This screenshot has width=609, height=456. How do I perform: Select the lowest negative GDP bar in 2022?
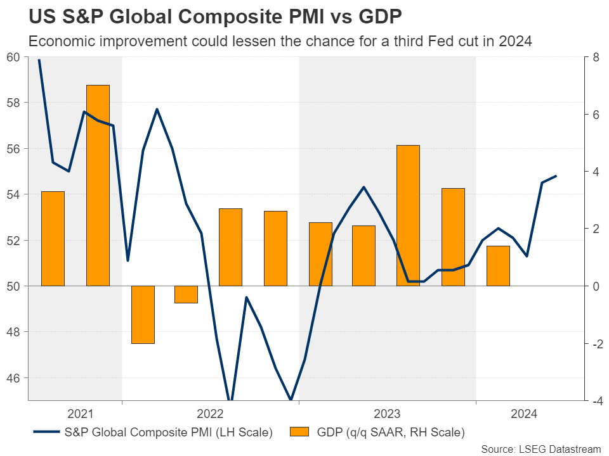[x=143, y=314]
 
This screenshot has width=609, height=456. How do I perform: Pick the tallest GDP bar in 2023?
[x=408, y=215]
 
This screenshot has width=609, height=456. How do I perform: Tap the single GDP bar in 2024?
[x=498, y=265]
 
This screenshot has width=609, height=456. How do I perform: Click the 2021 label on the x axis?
[x=80, y=414]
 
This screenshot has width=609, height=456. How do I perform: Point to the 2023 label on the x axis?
[x=387, y=414]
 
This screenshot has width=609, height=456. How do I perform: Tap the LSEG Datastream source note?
[x=540, y=449]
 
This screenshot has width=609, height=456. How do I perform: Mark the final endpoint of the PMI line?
[x=556, y=176]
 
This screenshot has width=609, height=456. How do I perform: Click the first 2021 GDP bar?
[x=53, y=238]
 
